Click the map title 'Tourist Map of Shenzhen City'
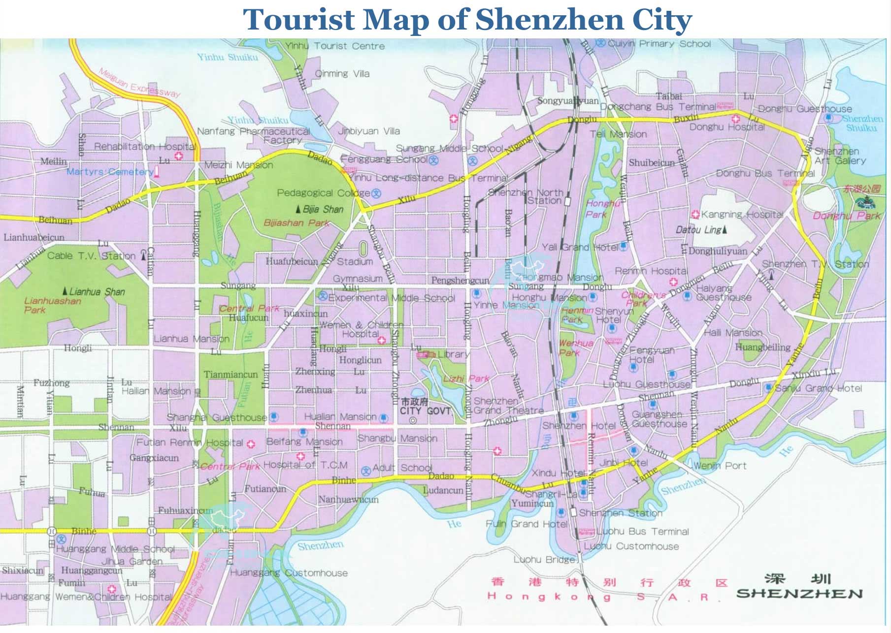coord(467,20)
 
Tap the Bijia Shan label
coord(323,209)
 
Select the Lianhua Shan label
coord(97,292)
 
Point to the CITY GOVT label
coord(425,411)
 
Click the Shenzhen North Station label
coord(528,196)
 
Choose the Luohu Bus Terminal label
coord(642,532)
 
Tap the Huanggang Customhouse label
coord(289,573)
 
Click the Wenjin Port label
coord(720,466)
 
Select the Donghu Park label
coord(847,216)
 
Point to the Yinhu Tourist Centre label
coord(335,46)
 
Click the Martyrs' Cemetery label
coord(110,172)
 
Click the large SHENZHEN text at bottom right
coord(799,594)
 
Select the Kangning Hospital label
coord(742,215)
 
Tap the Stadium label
coord(355,261)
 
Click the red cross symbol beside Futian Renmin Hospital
coord(251,444)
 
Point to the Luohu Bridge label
coord(544,560)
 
